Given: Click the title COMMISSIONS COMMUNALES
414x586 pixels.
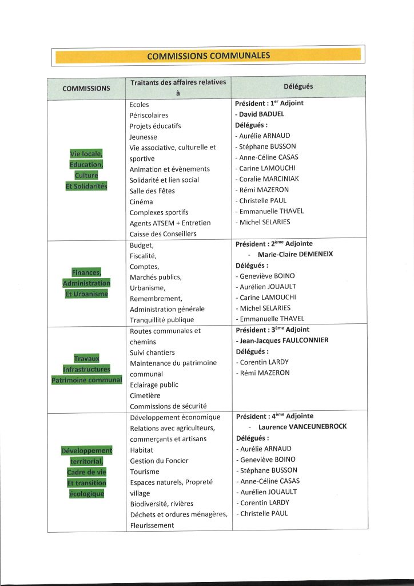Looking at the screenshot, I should (x=208, y=56).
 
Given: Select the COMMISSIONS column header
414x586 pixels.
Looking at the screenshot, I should (x=86, y=89).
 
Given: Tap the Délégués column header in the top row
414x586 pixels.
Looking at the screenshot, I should (x=298, y=86).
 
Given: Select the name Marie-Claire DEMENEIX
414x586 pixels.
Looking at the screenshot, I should (x=295, y=255).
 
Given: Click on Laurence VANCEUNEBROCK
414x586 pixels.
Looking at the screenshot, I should (x=302, y=427).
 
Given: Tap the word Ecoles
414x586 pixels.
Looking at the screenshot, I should (x=139, y=105).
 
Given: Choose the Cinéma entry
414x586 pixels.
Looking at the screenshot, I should (x=141, y=201).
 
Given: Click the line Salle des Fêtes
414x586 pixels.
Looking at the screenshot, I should (x=152, y=191).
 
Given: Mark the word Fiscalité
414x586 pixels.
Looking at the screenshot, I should (x=143, y=256).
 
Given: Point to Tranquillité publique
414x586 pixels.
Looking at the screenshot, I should (x=162, y=320).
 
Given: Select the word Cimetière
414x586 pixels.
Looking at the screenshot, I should (x=145, y=395).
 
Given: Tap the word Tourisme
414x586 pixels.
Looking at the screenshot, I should (x=145, y=472).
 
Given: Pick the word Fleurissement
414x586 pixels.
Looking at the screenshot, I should (x=152, y=525).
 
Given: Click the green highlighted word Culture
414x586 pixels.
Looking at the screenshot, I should (x=86, y=176).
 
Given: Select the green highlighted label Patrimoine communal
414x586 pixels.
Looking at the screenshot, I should (x=86, y=380).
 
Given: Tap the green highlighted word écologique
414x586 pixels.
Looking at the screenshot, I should (x=86, y=494).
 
